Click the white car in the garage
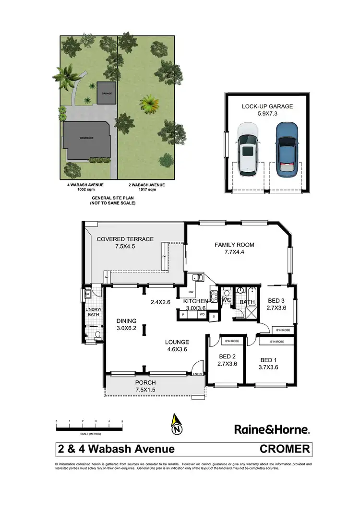point(248,147)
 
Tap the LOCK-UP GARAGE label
point(267,107)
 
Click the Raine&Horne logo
point(272,428)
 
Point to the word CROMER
point(285,450)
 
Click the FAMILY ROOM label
point(234,245)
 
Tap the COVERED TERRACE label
point(125,239)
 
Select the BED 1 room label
point(269,360)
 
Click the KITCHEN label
point(195,301)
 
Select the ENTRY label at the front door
point(197,374)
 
